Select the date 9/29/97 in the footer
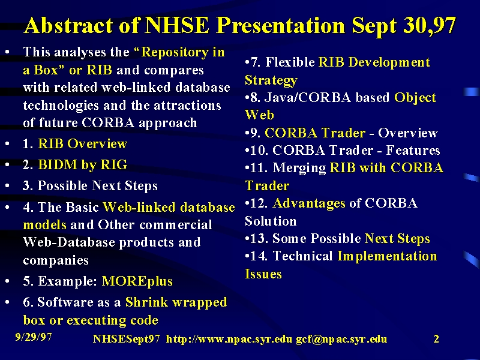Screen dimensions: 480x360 34,337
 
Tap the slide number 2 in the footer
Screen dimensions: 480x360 436,339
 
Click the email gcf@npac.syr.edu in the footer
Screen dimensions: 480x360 341,339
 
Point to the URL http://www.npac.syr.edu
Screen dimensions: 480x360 229,339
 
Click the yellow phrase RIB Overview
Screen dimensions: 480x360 82,143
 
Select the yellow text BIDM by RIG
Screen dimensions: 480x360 82,164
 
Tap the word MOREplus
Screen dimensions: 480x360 137,281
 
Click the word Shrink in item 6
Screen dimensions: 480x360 146,302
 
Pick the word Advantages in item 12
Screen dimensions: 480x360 309,203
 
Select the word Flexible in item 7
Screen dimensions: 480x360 290,62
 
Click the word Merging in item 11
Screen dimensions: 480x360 299,169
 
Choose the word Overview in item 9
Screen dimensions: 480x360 408,133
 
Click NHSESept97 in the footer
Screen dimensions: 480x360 126,339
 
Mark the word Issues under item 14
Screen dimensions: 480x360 263,274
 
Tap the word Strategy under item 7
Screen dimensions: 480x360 271,80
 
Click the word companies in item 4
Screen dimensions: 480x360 56,260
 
